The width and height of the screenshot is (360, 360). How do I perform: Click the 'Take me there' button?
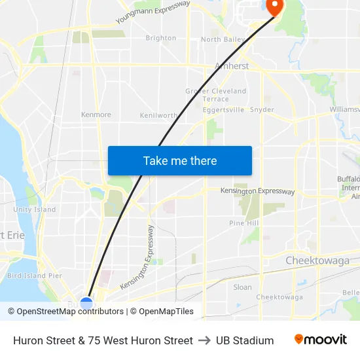tap(180, 161)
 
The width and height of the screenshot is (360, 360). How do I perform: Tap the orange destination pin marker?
tap(273, 7)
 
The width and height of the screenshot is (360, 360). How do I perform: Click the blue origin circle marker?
tap(86, 303)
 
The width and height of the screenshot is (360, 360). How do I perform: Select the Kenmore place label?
tap(96, 115)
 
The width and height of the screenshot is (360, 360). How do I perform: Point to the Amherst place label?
tap(232, 66)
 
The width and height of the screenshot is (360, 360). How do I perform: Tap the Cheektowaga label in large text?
tap(317, 261)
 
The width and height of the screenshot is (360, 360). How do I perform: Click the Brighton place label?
tap(160, 38)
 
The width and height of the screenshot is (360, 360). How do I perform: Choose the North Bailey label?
tap(223, 40)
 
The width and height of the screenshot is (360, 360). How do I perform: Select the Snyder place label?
tap(262, 110)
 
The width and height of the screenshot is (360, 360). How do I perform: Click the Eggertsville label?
tap(224, 110)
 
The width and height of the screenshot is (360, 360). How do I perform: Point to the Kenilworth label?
tap(159, 115)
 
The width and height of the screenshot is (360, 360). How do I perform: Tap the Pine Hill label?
tap(244, 223)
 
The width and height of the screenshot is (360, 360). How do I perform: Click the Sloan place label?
tap(242, 287)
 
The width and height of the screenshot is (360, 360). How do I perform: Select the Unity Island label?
tap(35, 209)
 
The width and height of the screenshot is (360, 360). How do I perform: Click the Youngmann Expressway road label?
tap(153, 12)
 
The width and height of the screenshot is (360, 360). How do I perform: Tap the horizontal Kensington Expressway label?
tap(257, 191)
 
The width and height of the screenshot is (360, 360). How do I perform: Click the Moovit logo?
tap(321, 340)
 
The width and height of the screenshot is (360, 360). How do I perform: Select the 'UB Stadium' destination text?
tap(245, 340)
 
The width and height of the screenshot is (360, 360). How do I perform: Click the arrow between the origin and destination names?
tap(204, 340)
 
